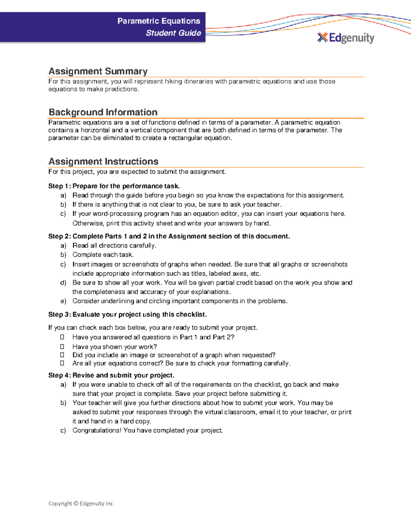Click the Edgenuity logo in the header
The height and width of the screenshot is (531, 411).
(x=346, y=38)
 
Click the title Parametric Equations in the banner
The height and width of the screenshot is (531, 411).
(x=159, y=21)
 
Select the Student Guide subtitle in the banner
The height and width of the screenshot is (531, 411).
(x=173, y=33)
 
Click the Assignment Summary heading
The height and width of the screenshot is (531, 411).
(x=98, y=71)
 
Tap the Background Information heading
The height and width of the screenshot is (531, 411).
(x=103, y=112)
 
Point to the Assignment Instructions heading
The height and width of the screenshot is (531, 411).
(x=103, y=161)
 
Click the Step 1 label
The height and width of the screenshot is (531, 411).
(x=60, y=186)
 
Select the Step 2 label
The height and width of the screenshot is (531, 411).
(x=60, y=236)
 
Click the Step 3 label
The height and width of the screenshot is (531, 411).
(x=60, y=315)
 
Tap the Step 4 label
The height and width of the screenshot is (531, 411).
(x=60, y=375)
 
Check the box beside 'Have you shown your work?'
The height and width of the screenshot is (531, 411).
(x=62, y=347)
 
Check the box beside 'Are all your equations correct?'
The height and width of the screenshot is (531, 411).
(x=62, y=363)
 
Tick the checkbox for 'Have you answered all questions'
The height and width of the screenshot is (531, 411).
(x=62, y=337)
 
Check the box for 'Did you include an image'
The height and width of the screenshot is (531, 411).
(x=62, y=355)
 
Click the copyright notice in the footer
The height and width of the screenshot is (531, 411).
(x=81, y=503)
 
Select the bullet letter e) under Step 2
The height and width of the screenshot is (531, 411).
(x=63, y=301)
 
